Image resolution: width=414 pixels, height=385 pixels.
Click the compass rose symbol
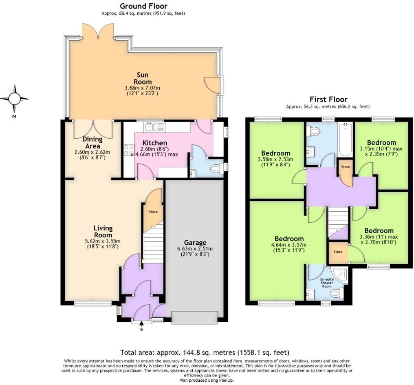14,99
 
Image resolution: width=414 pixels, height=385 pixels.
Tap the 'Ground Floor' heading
143,6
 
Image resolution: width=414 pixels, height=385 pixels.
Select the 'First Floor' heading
328,99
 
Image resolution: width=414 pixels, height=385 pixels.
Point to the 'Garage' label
195,242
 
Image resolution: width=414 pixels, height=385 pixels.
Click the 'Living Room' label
103,232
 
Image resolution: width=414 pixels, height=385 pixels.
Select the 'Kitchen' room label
154,143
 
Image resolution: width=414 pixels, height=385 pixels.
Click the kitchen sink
150,127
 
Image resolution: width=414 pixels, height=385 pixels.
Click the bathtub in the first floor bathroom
345,140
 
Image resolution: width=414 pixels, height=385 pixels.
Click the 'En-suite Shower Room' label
326,283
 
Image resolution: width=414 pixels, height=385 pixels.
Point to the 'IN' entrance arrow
141,324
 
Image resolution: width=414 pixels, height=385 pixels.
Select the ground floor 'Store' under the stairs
152,212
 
